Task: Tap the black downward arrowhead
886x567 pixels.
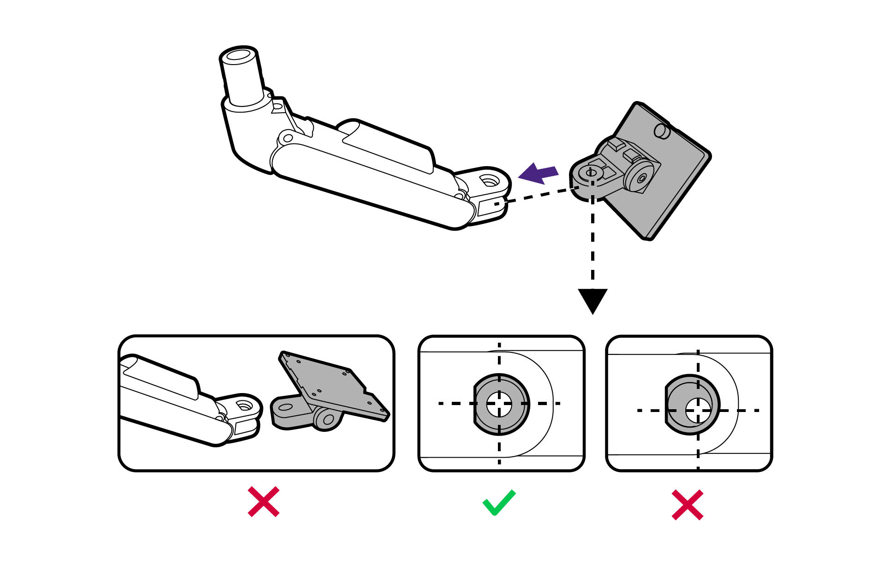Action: click(593, 299)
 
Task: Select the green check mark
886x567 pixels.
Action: click(499, 502)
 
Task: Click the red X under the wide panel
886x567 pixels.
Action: click(263, 501)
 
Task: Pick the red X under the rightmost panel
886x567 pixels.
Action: click(687, 505)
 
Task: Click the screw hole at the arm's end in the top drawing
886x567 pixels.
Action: click(488, 180)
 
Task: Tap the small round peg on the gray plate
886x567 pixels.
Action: click(662, 131)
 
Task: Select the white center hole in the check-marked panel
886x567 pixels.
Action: click(499, 404)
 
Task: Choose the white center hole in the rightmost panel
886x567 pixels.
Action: click(698, 410)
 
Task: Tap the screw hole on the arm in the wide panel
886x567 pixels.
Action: click(244, 406)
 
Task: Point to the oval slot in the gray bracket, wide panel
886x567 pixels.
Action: click(286, 407)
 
